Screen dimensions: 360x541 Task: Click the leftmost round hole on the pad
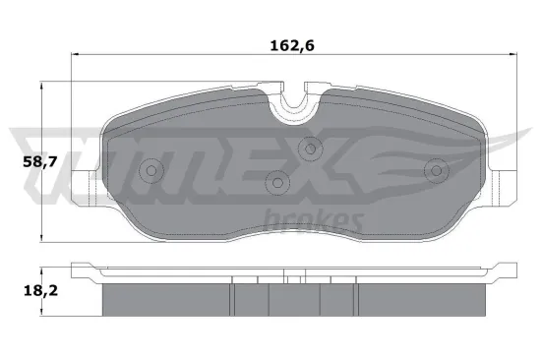[x=150, y=171]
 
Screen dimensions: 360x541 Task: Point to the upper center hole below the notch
[x=310, y=150]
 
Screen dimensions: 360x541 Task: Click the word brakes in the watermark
[x=316, y=220]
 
